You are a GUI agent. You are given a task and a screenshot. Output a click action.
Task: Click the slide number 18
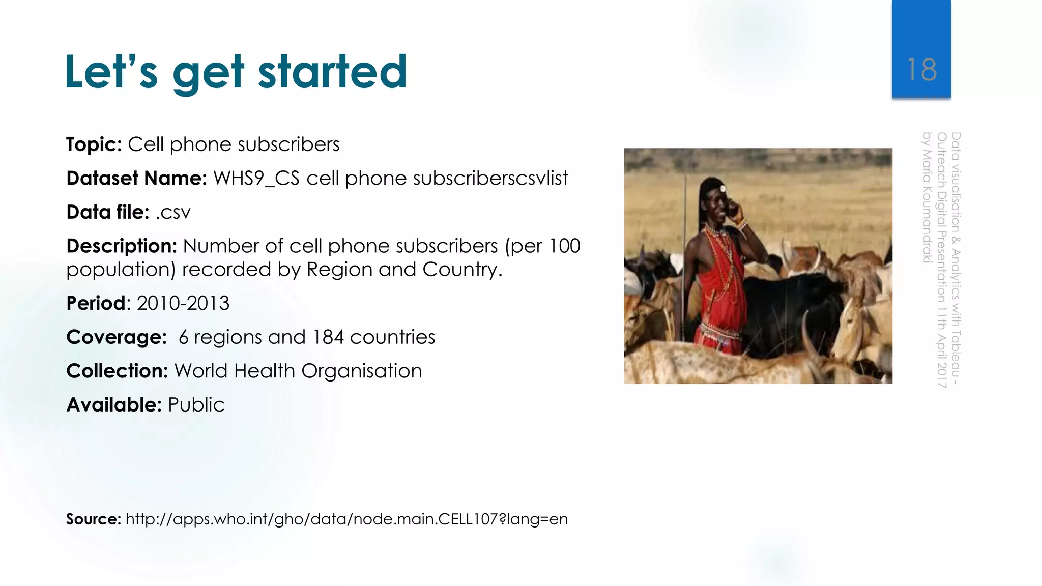click(x=921, y=70)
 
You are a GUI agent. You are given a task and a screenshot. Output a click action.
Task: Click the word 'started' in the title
click(x=332, y=72)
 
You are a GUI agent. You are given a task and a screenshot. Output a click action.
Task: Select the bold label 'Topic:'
click(x=94, y=144)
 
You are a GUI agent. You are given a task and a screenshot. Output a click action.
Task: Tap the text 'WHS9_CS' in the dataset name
click(x=256, y=179)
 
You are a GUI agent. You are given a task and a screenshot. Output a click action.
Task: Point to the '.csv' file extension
click(x=173, y=213)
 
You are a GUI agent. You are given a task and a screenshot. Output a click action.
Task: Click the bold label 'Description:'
click(x=122, y=246)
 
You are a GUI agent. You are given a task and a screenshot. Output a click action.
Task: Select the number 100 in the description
click(x=564, y=246)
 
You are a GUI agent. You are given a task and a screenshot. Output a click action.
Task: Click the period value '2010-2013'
click(x=183, y=304)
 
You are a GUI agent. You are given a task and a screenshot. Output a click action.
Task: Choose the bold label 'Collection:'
click(x=117, y=371)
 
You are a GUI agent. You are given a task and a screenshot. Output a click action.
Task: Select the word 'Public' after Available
click(x=196, y=405)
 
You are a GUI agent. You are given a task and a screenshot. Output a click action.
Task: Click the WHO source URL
click(x=346, y=519)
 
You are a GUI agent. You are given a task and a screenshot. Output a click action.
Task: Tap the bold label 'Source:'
click(x=94, y=519)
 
